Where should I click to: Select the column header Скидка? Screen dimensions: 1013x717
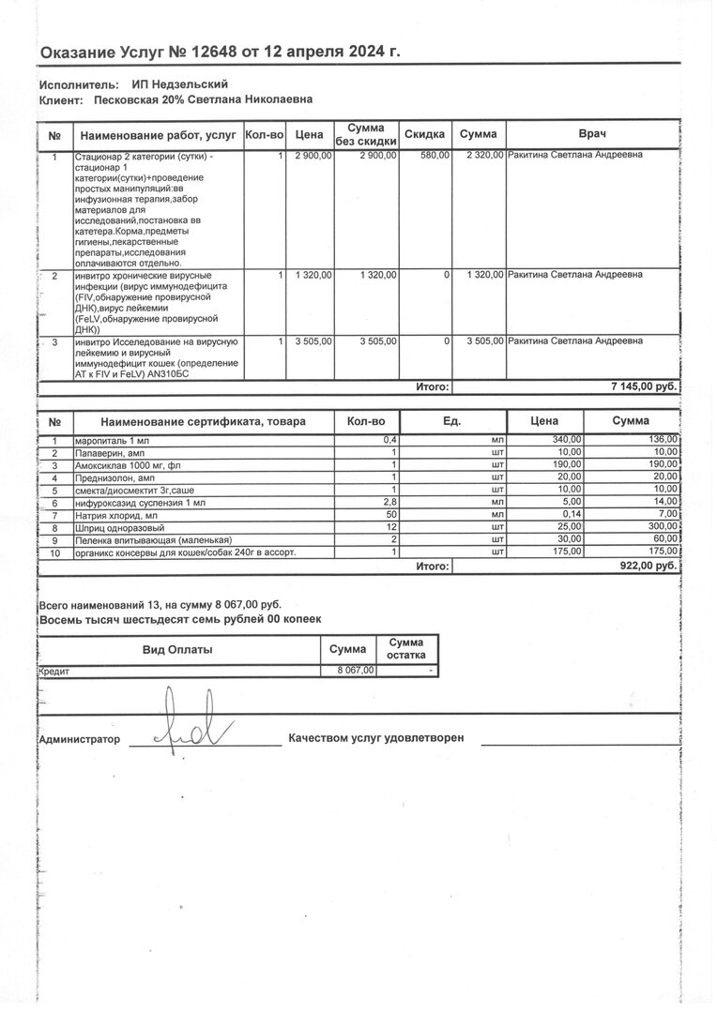coord(424,134)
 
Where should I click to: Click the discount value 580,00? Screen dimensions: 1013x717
coord(435,155)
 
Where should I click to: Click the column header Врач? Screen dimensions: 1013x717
coord(590,134)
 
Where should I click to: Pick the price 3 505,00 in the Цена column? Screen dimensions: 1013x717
coord(313,341)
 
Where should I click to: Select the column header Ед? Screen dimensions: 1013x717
coord(452,421)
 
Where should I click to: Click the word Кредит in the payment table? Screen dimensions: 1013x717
coord(54,672)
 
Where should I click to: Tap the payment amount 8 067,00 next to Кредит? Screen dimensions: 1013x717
coord(357,671)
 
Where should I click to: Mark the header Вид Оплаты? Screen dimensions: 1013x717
coord(177,649)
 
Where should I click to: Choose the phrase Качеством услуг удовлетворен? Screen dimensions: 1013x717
coord(376,738)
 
